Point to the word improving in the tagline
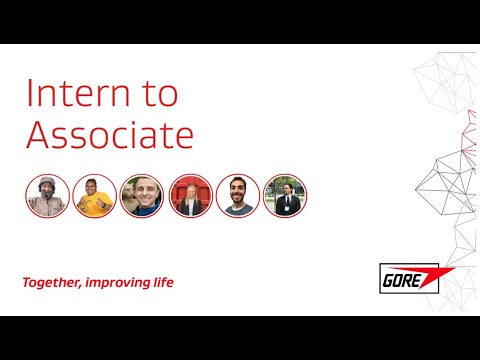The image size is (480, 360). tap(122, 283)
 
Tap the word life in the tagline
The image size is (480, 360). tap(164, 282)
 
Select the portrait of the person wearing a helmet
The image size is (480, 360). tap(47, 195)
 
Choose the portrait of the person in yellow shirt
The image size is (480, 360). tap(94, 195)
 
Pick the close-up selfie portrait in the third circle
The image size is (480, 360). tap(142, 195)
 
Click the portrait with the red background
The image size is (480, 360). tap(189, 195)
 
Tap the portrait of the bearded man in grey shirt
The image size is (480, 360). tap(237, 195)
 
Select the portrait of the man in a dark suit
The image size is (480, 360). tap(285, 195)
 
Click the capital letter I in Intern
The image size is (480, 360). tap(30, 93)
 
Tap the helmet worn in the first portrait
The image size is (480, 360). tap(47, 184)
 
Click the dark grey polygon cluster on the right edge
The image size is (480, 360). tap(440, 190)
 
